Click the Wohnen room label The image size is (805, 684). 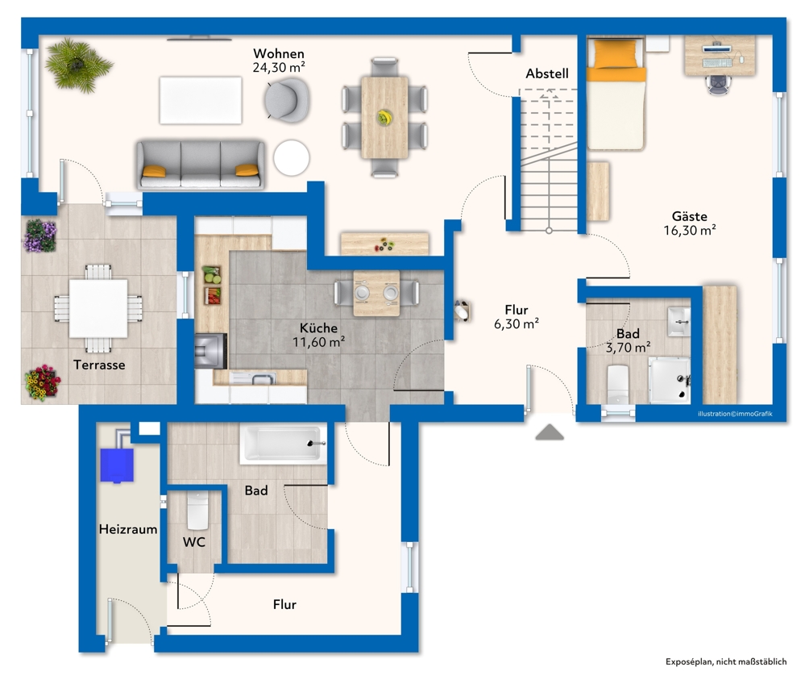click(279, 53)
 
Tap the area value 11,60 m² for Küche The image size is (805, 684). click(318, 342)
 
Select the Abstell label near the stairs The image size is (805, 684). click(547, 73)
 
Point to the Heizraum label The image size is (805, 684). click(128, 529)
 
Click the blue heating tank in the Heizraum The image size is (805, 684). click(117, 465)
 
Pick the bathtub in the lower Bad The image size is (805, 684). click(283, 444)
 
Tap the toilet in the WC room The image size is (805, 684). click(197, 511)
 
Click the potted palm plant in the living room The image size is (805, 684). click(77, 65)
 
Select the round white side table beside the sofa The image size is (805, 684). click(291, 158)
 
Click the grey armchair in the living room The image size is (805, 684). click(288, 100)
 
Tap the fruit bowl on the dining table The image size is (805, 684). click(384, 118)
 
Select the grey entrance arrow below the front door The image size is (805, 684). click(550, 432)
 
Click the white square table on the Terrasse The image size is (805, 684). click(98, 308)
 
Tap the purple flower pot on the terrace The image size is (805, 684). click(40, 236)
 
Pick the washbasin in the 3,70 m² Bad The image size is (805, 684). click(678, 321)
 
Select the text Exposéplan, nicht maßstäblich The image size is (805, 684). click(726, 662)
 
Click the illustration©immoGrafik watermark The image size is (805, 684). click(735, 414)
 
